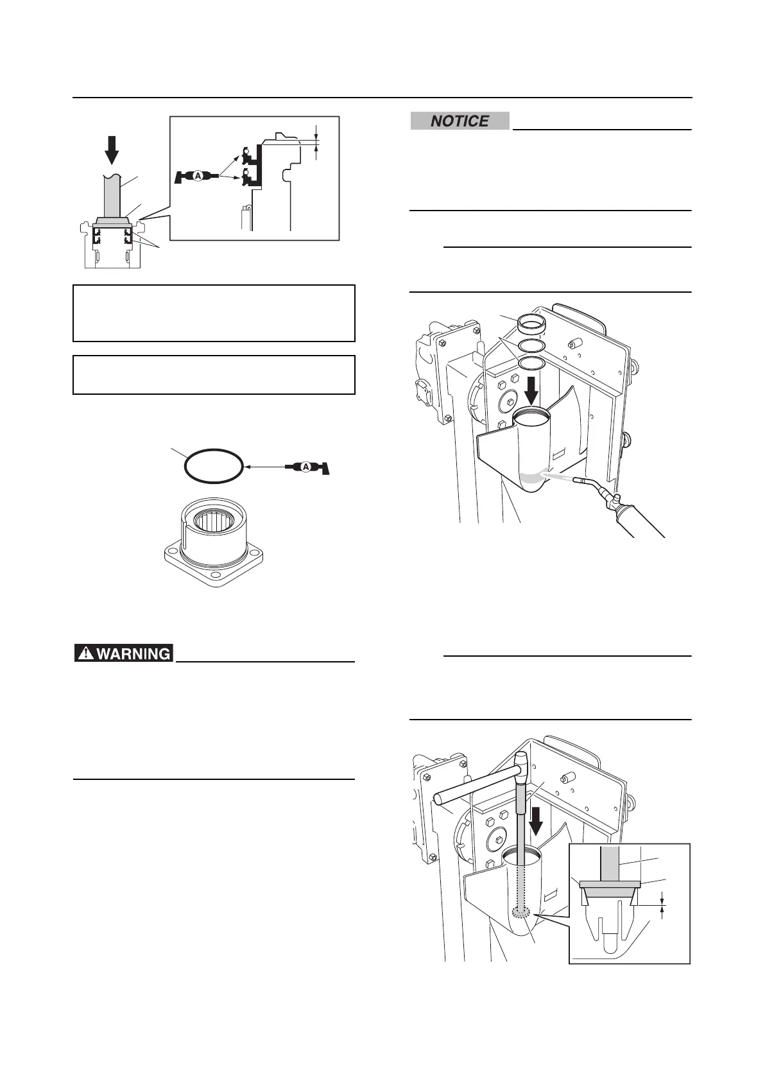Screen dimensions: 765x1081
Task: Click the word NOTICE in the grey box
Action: coord(460,121)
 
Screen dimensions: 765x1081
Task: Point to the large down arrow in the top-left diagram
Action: coord(112,150)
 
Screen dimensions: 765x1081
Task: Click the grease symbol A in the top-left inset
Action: coord(198,175)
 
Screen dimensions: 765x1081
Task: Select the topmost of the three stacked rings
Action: coord(531,324)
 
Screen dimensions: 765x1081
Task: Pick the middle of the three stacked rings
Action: coord(531,346)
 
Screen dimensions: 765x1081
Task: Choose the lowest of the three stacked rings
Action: coord(531,364)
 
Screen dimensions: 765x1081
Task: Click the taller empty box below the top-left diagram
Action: coord(214,313)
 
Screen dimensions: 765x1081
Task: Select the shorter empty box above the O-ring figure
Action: coord(214,374)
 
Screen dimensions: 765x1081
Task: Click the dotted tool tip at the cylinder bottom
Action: coord(521,913)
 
